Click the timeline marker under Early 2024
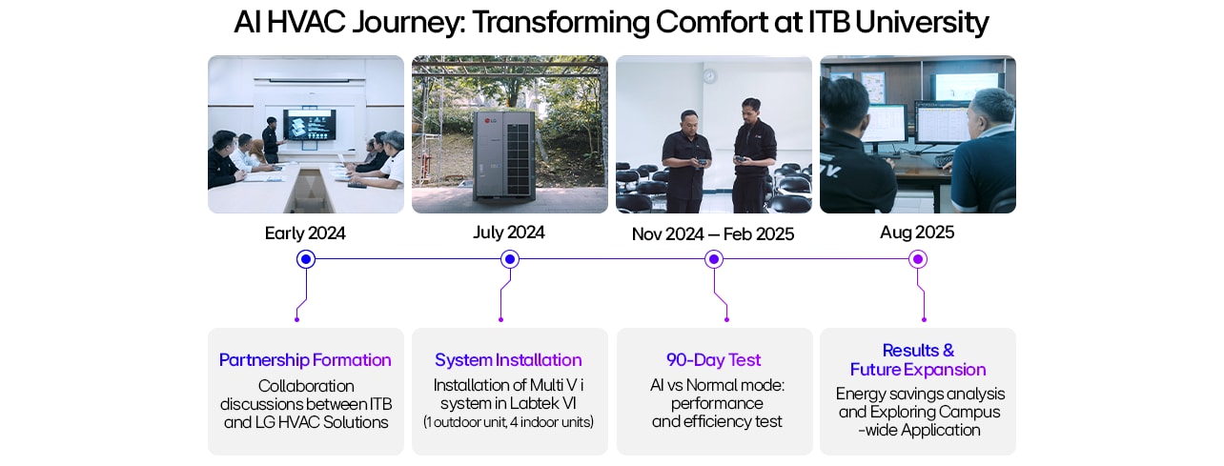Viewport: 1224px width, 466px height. pyautogui.click(x=306, y=259)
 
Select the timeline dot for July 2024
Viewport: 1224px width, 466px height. pyautogui.click(x=510, y=259)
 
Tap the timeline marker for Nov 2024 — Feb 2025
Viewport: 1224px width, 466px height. pyautogui.click(x=713, y=259)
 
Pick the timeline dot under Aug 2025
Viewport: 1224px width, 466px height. pyautogui.click(x=917, y=259)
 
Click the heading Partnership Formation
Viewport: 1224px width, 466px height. pyautogui.click(x=305, y=360)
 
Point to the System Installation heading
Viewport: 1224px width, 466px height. pyautogui.click(x=508, y=360)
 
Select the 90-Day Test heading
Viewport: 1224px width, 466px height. pyautogui.click(x=713, y=360)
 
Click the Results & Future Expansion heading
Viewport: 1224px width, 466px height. pyautogui.click(x=918, y=360)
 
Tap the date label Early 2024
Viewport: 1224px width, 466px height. pyautogui.click(x=305, y=233)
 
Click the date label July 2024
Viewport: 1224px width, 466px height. pyautogui.click(x=509, y=233)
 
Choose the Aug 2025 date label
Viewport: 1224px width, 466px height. pyautogui.click(x=917, y=233)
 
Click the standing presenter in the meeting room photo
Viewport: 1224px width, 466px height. pyautogui.click(x=271, y=139)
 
